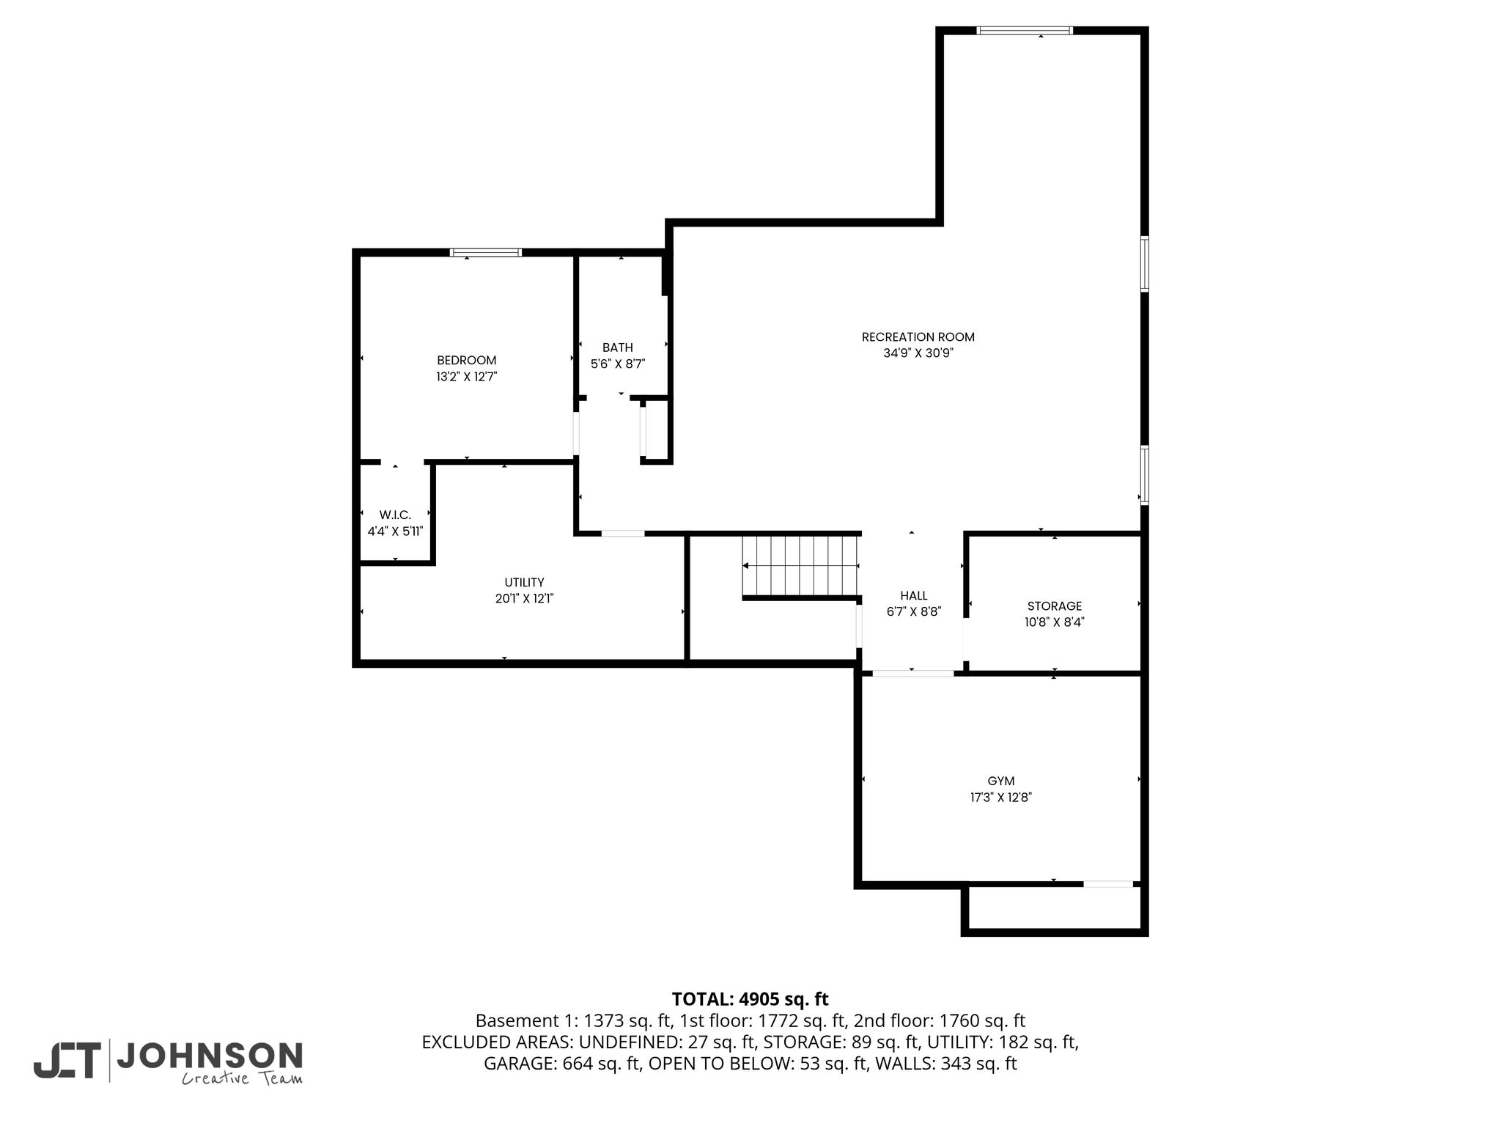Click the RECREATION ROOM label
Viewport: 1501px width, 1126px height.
[918, 337]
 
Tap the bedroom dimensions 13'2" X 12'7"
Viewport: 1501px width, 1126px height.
[467, 377]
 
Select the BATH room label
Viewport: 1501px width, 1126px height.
[618, 347]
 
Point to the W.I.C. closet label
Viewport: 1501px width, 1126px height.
[395, 515]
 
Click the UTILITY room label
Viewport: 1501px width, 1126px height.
[524, 583]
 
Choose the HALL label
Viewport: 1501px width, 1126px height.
[914, 596]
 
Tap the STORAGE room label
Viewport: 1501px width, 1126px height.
[1055, 606]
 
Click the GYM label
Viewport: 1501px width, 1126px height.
[1001, 781]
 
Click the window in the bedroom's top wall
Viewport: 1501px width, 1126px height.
[486, 252]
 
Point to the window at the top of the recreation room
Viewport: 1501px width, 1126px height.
[1025, 30]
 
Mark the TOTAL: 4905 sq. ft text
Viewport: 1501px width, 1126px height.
[750, 999]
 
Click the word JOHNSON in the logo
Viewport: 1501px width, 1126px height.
[210, 1056]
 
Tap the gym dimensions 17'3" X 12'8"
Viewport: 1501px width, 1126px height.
[1001, 798]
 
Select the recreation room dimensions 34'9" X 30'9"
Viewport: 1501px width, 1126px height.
[918, 353]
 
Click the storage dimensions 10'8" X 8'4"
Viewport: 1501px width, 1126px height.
[1055, 622]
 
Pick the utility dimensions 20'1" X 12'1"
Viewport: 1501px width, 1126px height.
[524, 599]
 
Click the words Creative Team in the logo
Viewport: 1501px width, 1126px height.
[242, 1078]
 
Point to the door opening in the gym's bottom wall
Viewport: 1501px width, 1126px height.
[1108, 884]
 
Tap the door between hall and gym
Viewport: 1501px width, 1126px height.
[912, 673]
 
